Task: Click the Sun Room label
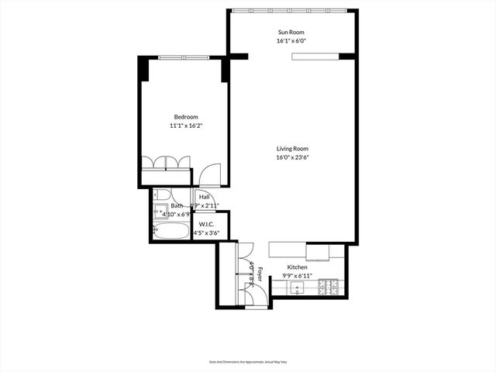click(x=293, y=32)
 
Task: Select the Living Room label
click(x=293, y=149)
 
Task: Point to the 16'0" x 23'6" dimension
click(x=293, y=157)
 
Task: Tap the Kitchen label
click(x=298, y=267)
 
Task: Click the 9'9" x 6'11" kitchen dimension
click(x=298, y=275)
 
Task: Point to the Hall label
click(x=205, y=197)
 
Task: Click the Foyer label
click(x=261, y=273)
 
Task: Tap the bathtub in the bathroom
click(x=170, y=230)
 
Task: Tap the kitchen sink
click(x=298, y=288)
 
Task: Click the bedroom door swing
click(x=209, y=176)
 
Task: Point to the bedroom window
click(x=184, y=57)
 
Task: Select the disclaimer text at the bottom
click(x=247, y=362)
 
